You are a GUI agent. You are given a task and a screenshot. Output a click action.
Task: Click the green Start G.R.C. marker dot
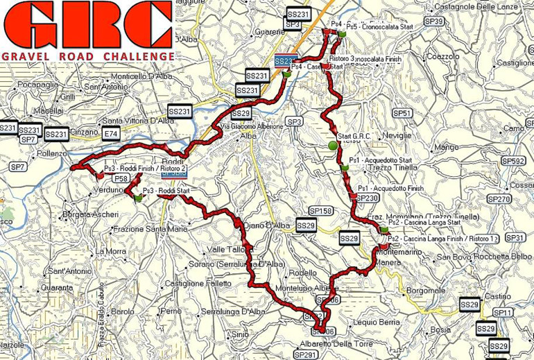click(331, 146)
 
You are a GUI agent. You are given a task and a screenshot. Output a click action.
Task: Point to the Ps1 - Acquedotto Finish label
click(390, 188)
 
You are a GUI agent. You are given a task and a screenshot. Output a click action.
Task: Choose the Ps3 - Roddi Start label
click(165, 190)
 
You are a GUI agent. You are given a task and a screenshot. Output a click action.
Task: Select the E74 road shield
click(110, 132)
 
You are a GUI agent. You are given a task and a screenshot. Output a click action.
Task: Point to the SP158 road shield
click(320, 211)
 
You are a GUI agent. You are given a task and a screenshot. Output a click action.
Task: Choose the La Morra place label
click(110, 251)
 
